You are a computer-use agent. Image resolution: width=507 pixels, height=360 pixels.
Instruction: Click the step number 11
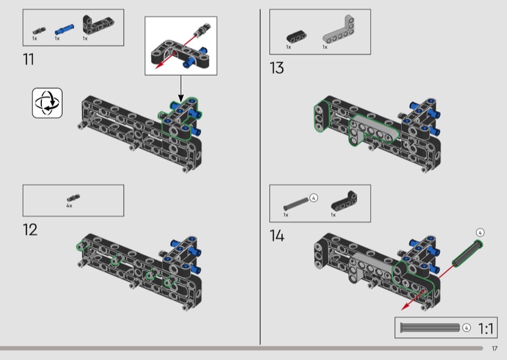29,59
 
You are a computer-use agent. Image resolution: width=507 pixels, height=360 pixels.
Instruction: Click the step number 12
30,229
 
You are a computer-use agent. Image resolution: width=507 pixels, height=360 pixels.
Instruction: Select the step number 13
277,68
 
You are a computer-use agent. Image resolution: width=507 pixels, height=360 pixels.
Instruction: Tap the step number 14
277,236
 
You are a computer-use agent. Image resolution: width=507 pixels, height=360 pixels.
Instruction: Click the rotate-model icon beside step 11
47,103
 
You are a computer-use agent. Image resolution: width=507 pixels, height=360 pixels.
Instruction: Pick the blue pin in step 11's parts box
64,29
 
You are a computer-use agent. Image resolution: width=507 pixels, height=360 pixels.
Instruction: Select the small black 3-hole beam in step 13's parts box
296,37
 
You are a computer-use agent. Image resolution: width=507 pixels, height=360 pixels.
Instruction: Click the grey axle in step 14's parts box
296,203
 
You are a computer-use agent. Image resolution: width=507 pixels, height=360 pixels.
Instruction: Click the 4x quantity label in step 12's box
69,206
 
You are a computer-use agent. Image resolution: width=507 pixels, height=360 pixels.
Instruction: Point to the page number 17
494,349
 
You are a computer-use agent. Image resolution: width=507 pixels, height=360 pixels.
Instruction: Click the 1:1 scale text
485,328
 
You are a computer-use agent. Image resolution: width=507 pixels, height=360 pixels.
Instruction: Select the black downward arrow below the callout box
181,89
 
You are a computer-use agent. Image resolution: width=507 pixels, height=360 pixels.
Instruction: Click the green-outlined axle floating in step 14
468,254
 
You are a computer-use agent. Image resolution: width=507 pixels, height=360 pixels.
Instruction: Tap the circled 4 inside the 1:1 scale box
466,328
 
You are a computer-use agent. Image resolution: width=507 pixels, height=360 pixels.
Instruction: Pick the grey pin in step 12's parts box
74,197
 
